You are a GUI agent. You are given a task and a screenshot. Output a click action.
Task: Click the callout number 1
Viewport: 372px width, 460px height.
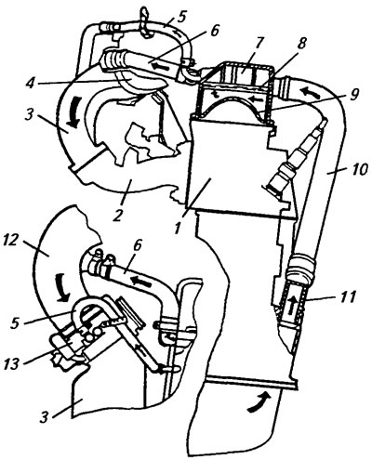tap(177, 229)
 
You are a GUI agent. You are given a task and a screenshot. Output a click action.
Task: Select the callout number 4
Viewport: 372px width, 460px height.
tap(30, 85)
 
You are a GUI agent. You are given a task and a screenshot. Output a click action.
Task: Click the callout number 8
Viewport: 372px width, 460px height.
tap(300, 44)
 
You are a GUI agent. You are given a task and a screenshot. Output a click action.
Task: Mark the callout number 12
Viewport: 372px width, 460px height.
tap(10, 241)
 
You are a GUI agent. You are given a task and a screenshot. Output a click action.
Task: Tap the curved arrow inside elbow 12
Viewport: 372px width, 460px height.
tap(63, 289)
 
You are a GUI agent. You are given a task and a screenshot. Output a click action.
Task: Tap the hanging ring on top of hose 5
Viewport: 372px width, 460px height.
tap(145, 22)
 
